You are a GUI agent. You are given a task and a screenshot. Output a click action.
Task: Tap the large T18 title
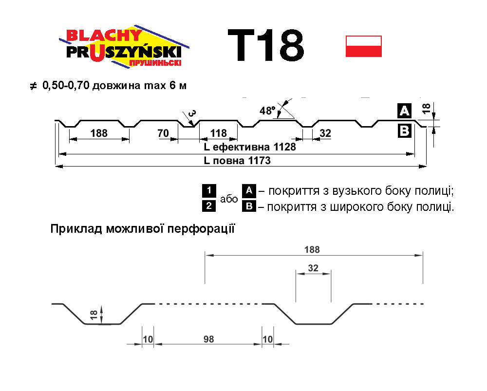(x=266, y=46)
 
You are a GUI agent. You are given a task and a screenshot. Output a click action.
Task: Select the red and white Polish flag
(x=363, y=46)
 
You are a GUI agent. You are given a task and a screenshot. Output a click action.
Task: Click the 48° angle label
(x=267, y=111)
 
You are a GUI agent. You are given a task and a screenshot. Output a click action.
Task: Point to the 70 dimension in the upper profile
(x=163, y=133)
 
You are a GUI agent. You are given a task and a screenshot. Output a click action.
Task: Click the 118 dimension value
(x=219, y=133)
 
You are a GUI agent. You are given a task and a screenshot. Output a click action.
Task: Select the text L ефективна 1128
(x=249, y=147)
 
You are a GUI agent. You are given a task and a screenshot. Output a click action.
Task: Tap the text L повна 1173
(x=237, y=160)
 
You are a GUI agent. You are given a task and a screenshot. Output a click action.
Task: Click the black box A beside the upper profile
(x=405, y=111)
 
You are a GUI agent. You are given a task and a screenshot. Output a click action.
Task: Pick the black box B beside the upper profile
(x=405, y=130)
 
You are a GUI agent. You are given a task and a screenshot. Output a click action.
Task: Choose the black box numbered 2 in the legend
(x=208, y=206)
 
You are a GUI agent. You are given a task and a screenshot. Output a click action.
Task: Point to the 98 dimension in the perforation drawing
(x=208, y=339)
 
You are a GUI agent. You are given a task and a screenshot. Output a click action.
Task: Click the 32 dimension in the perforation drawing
(x=313, y=267)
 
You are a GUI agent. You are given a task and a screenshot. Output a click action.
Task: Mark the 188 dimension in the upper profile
(x=99, y=133)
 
